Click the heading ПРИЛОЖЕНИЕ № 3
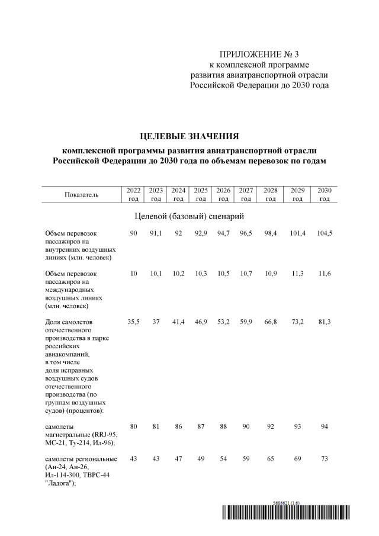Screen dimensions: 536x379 click(258, 54)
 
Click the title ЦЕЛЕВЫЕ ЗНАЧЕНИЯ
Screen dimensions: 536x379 click(189, 136)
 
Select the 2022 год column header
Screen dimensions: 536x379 click(133, 194)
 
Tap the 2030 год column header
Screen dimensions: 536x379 click(324, 194)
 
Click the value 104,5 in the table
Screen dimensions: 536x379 click(324, 233)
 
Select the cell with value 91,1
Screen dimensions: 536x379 click(156, 233)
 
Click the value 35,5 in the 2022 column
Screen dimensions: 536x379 click(133, 322)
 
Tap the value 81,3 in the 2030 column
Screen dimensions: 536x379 click(324, 322)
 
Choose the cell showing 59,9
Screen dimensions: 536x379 click(246, 322)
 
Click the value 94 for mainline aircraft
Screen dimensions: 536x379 click(324, 425)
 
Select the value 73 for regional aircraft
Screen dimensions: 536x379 click(324, 460)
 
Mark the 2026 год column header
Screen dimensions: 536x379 click(223, 194)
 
